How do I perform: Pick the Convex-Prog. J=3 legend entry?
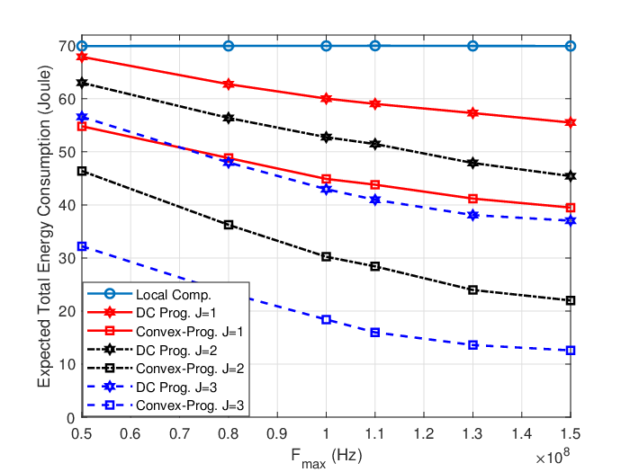coord(166,405)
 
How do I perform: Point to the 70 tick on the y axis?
coord(67,46)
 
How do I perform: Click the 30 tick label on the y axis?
coord(67,258)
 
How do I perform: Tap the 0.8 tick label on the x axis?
coord(229,434)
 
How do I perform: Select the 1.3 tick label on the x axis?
coord(472,434)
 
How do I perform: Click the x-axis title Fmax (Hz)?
coord(326,458)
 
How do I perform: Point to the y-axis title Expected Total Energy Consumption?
coord(45,226)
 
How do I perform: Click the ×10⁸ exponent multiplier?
coord(553,457)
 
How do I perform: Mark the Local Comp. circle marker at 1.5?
coord(571,46)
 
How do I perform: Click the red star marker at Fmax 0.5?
coord(82,57)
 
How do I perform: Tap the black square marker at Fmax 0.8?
coord(229,225)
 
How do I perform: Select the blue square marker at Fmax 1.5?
coord(571,351)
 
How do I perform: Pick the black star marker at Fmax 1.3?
coord(472,163)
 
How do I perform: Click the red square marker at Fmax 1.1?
coord(375,184)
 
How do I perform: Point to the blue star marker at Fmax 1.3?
coord(472,215)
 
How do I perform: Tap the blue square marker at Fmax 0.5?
coord(82,246)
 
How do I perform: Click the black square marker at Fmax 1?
coord(326,256)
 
